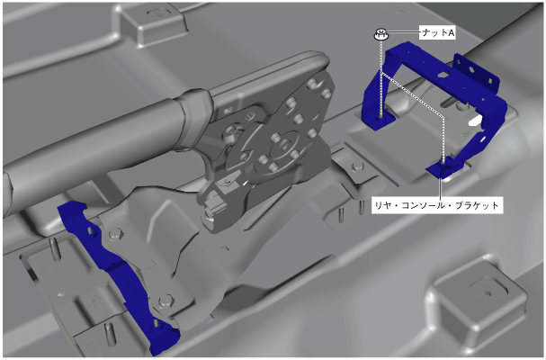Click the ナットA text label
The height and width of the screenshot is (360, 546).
point(438,32)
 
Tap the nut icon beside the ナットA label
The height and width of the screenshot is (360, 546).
point(381,34)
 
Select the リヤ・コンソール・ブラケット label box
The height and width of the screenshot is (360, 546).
point(437,205)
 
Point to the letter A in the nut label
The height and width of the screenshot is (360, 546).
point(451,32)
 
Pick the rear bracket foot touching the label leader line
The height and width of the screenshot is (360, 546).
point(440,169)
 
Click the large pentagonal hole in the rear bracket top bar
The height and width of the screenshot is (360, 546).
point(443,74)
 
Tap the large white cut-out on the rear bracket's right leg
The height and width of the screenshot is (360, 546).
point(474,121)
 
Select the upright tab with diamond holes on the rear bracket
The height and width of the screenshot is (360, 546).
point(477,72)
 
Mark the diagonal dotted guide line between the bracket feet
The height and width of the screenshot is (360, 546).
point(413,94)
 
